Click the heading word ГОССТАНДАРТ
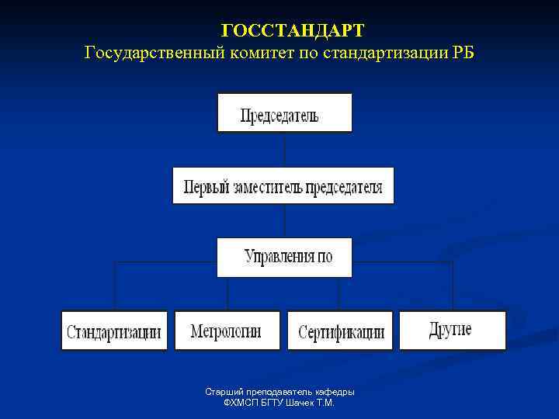pyautogui.click(x=292, y=31)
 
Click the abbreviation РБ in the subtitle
pyautogui.click(x=460, y=53)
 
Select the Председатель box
pyautogui.click(x=285, y=113)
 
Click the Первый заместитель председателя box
pyautogui.click(x=283, y=186)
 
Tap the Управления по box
pyautogui.click(x=284, y=257)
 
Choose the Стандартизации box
pyautogui.click(x=114, y=331)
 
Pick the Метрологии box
pyautogui.click(x=227, y=331)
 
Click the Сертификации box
pyautogui.click(x=341, y=331)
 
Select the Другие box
pyautogui.click(x=452, y=330)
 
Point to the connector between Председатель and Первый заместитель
pyautogui.click(x=285, y=149)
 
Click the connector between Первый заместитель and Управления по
pyautogui.click(x=285, y=220)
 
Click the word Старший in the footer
pyautogui.click(x=221, y=392)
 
